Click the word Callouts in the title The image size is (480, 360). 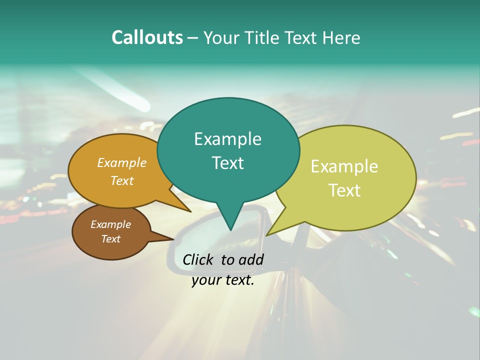pos(147,37)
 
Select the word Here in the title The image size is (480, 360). pos(341,38)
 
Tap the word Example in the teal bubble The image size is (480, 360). pos(227,139)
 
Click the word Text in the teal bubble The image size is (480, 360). pos(227,163)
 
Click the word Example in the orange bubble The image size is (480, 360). pos(122,162)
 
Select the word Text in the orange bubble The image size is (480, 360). pos(122,180)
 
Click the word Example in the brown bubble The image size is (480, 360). pos(110,224)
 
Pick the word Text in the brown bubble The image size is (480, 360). pos(110,239)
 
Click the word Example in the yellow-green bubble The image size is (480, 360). pos(344,166)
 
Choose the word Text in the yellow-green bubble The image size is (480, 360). pos(344,190)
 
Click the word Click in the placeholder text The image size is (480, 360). pos(199,259)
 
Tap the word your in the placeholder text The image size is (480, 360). pos(205,280)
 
